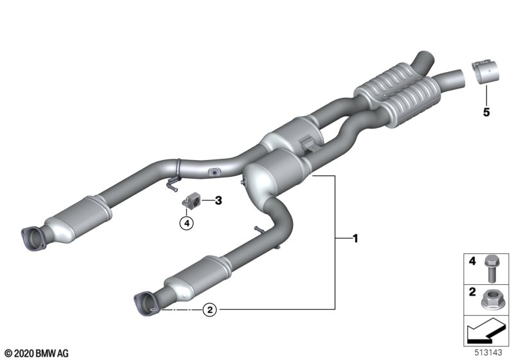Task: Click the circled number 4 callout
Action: (x=186, y=224)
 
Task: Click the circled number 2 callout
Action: (x=210, y=309)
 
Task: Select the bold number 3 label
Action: (x=218, y=200)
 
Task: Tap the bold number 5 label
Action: (x=486, y=112)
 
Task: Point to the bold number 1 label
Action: (x=355, y=239)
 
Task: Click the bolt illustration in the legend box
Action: (x=491, y=269)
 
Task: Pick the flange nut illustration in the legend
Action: (x=490, y=300)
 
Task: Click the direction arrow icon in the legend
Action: (x=486, y=329)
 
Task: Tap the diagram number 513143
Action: (x=488, y=352)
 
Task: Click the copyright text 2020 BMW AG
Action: (x=37, y=353)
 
